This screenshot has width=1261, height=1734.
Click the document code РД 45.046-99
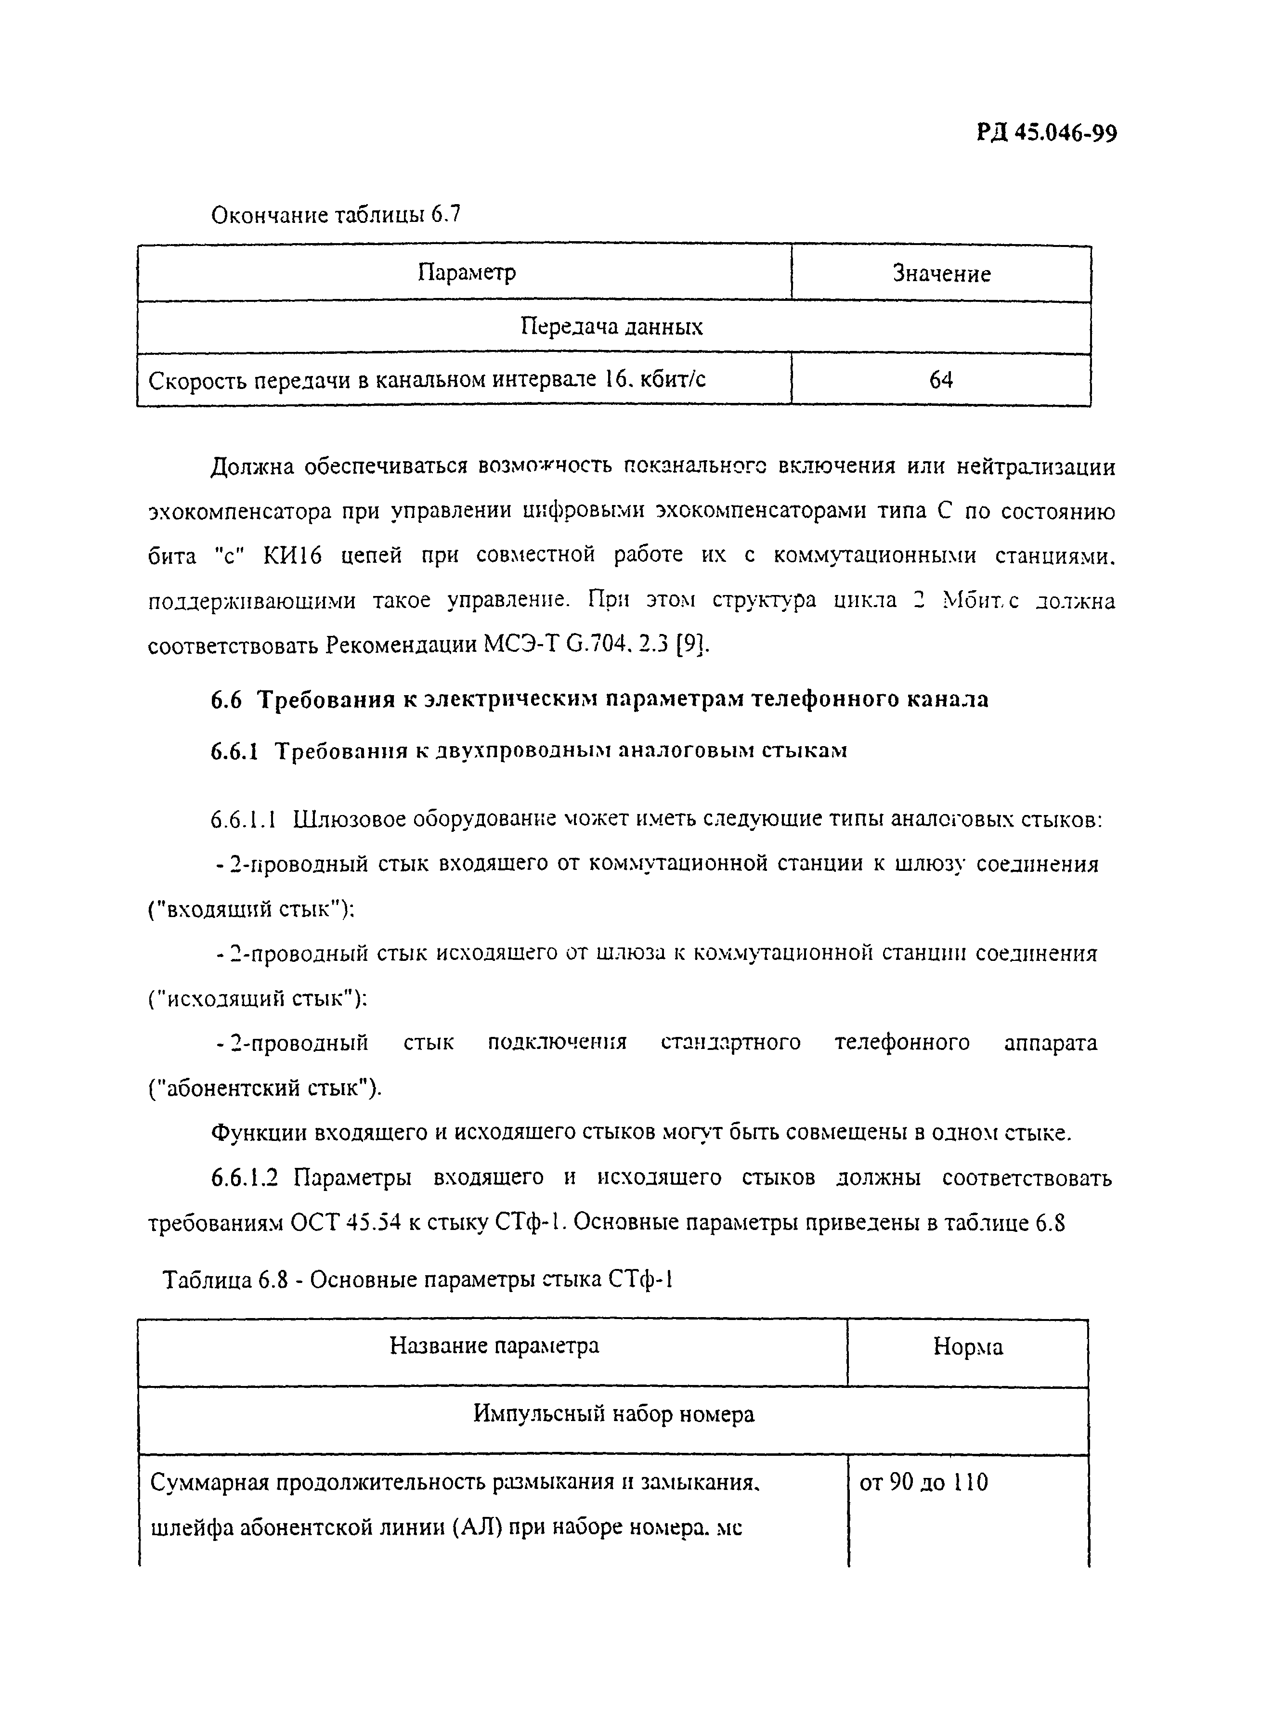[x=1046, y=134]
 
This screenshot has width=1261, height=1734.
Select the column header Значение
[x=941, y=274]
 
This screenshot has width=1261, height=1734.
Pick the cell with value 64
[x=941, y=380]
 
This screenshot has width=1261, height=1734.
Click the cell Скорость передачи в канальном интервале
[x=427, y=380]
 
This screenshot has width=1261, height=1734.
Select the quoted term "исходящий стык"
[x=257, y=998]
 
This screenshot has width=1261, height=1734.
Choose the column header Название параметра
[x=494, y=1345]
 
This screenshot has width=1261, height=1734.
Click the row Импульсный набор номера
[x=613, y=1414]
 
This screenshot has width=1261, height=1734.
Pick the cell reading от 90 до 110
[x=924, y=1482]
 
